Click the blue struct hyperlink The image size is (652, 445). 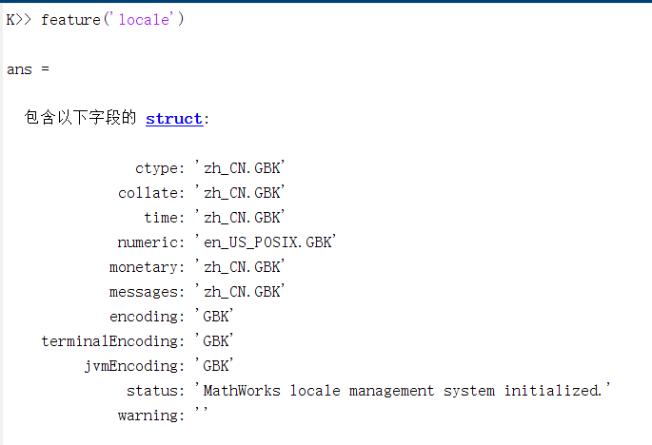point(174,119)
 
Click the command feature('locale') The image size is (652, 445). point(112,20)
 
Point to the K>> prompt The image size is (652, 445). point(19,20)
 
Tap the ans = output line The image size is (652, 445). point(27,69)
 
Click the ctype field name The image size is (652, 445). point(157,168)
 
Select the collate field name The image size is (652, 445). point(148,193)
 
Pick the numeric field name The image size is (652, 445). point(148,242)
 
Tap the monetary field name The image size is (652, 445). point(145,267)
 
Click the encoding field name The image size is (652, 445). point(145,317)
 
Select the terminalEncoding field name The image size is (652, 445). point(110,341)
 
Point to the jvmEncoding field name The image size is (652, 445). point(131,366)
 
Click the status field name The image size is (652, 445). point(153,391)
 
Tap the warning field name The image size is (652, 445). point(148,416)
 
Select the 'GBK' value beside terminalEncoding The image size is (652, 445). point(215,341)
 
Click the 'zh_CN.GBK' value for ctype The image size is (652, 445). point(241,168)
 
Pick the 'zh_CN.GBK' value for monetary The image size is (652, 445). point(241,267)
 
